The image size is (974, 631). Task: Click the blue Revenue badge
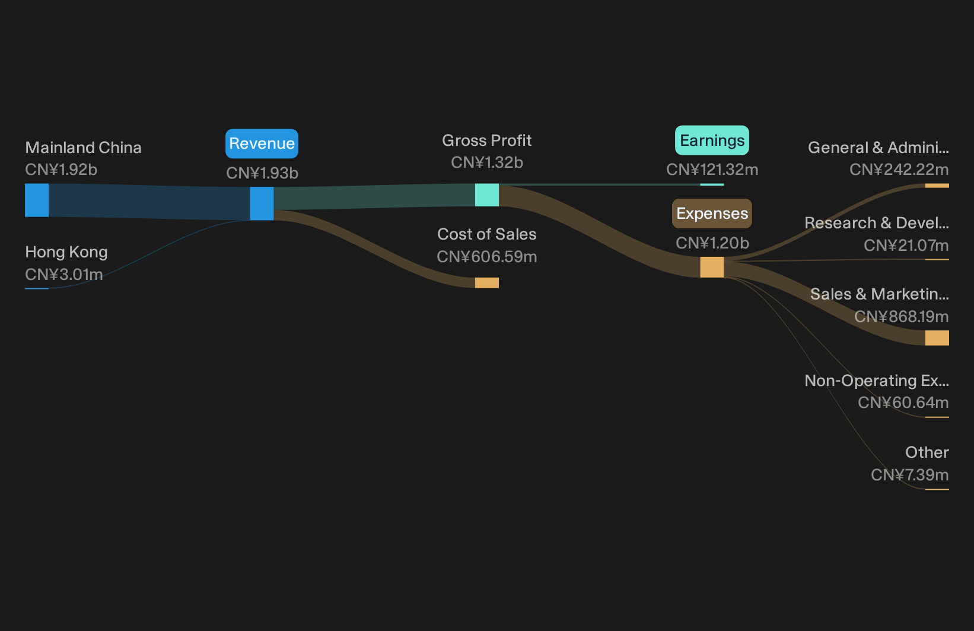pos(262,144)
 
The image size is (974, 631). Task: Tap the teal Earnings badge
pos(712,141)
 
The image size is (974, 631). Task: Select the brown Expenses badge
pos(712,213)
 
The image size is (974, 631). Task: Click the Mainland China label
pos(83,148)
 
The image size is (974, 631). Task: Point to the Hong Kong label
pos(66,252)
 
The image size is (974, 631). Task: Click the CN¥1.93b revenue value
pos(262,173)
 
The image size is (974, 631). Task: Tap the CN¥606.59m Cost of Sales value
pos(487,257)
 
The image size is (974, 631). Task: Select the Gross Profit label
pos(486,141)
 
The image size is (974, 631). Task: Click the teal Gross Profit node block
pos(487,195)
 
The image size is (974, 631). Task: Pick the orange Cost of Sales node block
pos(487,283)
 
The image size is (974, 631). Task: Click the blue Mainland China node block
pos(37,200)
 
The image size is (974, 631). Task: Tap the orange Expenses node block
pos(712,267)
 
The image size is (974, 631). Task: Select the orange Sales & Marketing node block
pos(937,338)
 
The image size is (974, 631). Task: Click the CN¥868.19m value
pos(902,317)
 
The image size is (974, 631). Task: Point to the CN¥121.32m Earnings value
pos(712,170)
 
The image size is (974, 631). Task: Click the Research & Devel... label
pos(877,223)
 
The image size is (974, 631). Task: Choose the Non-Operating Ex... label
pos(877,381)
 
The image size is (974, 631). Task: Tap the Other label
pos(927,452)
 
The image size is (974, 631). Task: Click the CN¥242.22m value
pos(899,170)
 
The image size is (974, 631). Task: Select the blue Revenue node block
pos(262,203)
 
